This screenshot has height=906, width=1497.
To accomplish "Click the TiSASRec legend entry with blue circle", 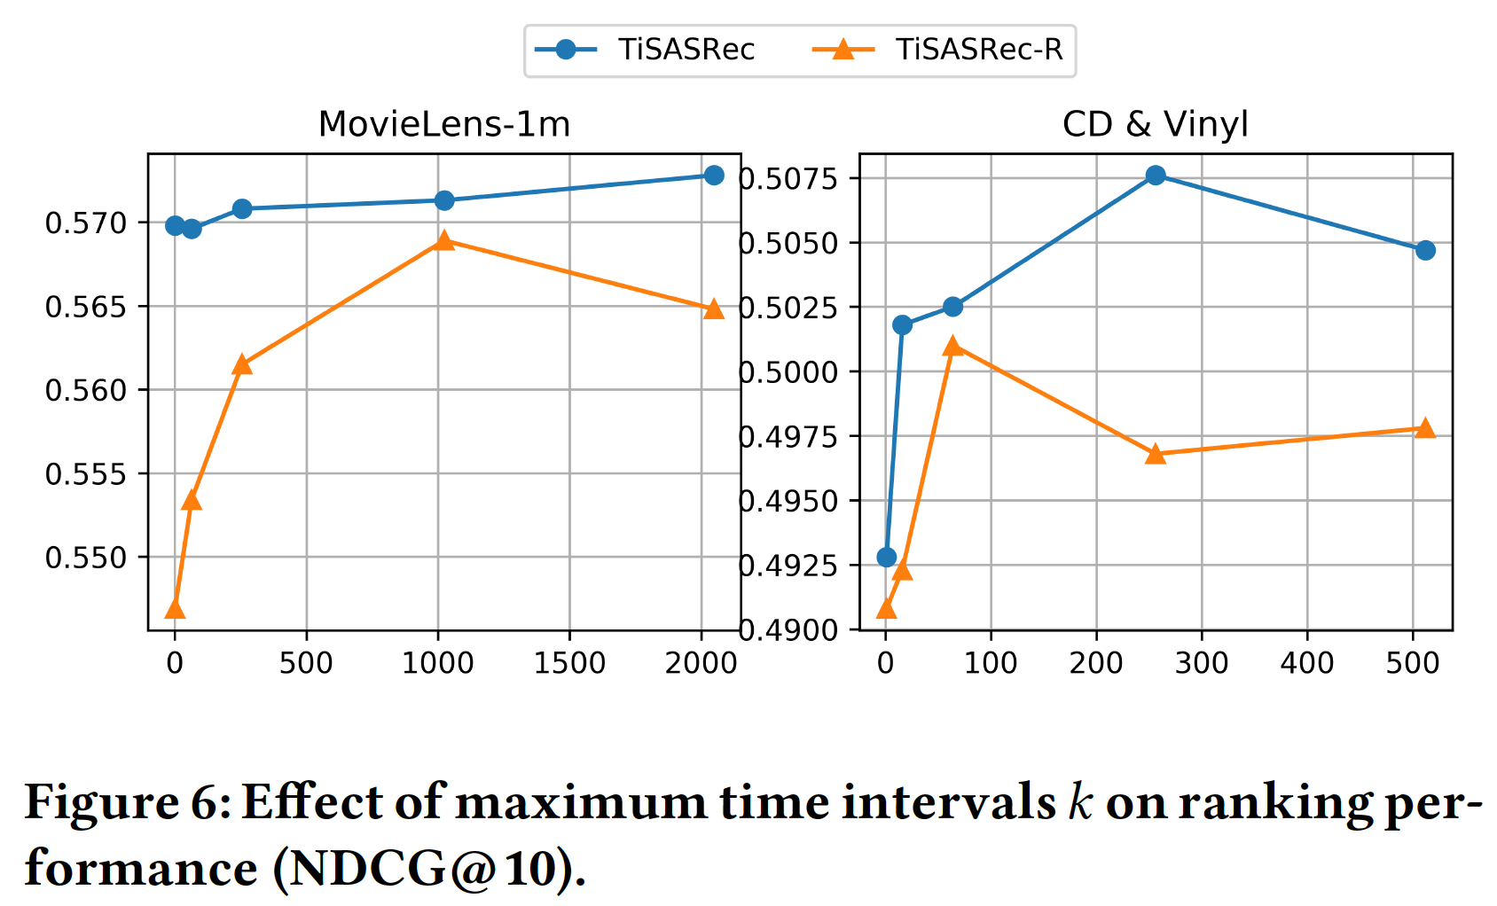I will [656, 49].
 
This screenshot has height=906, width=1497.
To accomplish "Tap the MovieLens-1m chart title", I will [443, 124].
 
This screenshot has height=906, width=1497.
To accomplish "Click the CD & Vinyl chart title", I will [1155, 124].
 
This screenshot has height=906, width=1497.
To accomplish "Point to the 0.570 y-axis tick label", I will [86, 223].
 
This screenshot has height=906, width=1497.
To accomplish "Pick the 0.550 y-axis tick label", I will [86, 558].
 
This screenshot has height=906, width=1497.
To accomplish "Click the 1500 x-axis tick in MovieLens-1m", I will [568, 663].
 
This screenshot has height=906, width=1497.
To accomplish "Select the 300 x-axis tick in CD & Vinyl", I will [1201, 663].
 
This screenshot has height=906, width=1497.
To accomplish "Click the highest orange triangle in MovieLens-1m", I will [444, 240].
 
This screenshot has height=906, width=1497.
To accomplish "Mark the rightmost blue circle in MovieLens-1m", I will [713, 176].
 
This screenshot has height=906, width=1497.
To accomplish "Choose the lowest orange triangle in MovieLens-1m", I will [175, 608].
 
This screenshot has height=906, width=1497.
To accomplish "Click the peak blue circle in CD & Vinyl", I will [1155, 176].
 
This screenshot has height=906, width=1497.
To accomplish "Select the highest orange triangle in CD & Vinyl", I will [953, 346].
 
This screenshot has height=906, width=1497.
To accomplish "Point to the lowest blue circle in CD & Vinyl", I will [886, 557].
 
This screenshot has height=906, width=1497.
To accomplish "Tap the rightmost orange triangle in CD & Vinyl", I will [1424, 428].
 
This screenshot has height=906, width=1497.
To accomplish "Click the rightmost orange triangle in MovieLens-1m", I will [713, 309].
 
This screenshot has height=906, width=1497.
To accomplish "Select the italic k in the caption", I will [1080, 803].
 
